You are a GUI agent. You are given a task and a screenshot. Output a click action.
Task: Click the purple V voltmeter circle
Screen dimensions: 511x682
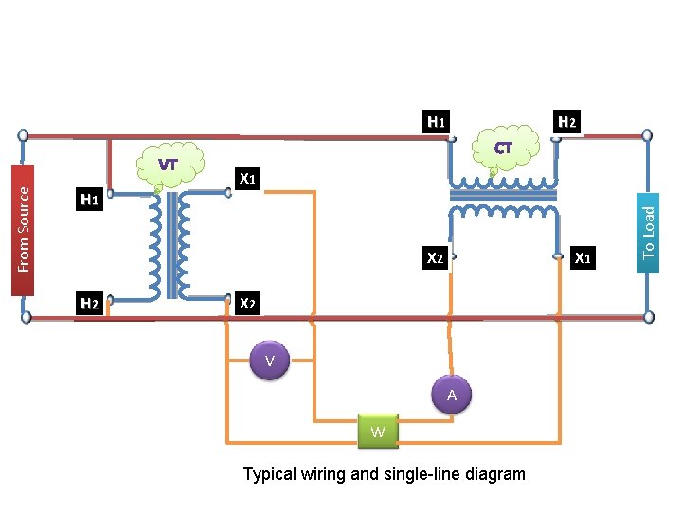point(270,361)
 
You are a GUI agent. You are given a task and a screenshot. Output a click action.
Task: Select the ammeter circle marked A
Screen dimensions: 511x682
point(452,395)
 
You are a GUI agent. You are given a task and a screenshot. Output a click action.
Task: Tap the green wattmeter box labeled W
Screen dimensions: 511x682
point(378,432)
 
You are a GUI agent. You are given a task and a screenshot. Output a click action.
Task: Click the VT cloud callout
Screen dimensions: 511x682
point(168,165)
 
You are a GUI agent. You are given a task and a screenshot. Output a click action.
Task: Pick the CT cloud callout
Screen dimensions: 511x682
point(503,149)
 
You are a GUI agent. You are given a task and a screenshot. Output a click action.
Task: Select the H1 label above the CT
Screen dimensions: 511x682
point(436,122)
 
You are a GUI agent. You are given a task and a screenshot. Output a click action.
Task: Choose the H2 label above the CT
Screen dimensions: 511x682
point(566,122)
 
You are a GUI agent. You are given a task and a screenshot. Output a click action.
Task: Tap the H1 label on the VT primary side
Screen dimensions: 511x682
point(90,200)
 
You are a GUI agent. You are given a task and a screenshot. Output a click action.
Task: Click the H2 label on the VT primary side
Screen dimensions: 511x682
point(90,304)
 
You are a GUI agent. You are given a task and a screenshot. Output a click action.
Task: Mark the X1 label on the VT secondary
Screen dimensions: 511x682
point(248,178)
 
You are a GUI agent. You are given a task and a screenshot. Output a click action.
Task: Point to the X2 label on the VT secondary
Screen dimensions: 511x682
point(248,304)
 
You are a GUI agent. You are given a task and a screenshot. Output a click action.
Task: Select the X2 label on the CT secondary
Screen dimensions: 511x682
point(436,257)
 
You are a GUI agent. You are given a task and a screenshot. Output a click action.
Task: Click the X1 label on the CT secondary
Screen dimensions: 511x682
point(584,257)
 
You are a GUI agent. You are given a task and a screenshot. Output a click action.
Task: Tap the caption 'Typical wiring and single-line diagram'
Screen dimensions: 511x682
point(384,474)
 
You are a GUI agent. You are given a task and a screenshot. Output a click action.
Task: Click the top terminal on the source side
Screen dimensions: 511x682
point(24,136)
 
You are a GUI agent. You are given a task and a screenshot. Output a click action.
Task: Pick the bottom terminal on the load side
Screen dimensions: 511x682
point(649,317)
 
